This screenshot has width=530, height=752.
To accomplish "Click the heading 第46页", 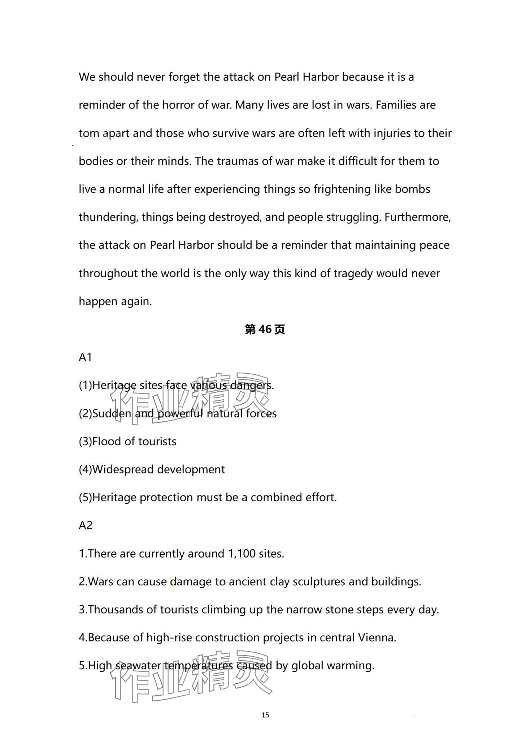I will pyautogui.click(x=265, y=329).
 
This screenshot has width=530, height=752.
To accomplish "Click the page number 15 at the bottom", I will pyautogui.click(x=265, y=715).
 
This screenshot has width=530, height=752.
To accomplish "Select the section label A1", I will pyautogui.click(x=85, y=357).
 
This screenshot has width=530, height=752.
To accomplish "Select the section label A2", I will pyautogui.click(x=86, y=525).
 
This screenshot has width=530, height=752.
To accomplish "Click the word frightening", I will pyautogui.click(x=342, y=189).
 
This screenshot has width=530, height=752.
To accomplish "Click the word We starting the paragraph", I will pyautogui.click(x=87, y=77).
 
